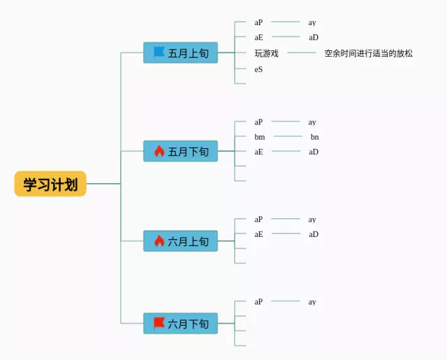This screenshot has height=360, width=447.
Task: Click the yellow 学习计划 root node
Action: (x=50, y=184)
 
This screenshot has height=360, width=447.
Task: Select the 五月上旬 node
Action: (x=181, y=53)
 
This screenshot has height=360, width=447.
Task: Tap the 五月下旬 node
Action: (x=181, y=151)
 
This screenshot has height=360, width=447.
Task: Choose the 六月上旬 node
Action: (x=181, y=241)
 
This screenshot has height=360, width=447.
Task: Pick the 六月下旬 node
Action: (x=181, y=324)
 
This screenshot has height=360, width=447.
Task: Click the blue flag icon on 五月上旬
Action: (x=159, y=52)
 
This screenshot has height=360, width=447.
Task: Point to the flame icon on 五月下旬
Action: (x=159, y=151)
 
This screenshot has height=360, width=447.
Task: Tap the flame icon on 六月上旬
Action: (x=159, y=241)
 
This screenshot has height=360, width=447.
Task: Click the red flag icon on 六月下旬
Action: (x=159, y=323)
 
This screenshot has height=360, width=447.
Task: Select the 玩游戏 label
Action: (x=267, y=53)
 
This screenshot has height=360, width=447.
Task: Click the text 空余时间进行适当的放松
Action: (x=368, y=53)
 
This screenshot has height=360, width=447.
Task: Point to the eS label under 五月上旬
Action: (x=258, y=69)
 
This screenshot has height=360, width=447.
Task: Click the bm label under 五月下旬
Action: (x=260, y=137)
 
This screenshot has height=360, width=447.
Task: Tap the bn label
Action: (x=314, y=137)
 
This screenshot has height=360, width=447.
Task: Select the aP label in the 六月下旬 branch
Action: (x=258, y=302)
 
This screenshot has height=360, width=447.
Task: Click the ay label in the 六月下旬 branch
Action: (x=312, y=302)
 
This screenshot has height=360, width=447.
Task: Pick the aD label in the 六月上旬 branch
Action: (x=314, y=234)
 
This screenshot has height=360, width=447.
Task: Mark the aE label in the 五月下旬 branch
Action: (x=258, y=152)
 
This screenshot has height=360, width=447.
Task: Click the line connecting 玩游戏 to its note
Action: (x=302, y=52)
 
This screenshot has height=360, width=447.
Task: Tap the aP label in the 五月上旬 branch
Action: (x=258, y=22)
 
